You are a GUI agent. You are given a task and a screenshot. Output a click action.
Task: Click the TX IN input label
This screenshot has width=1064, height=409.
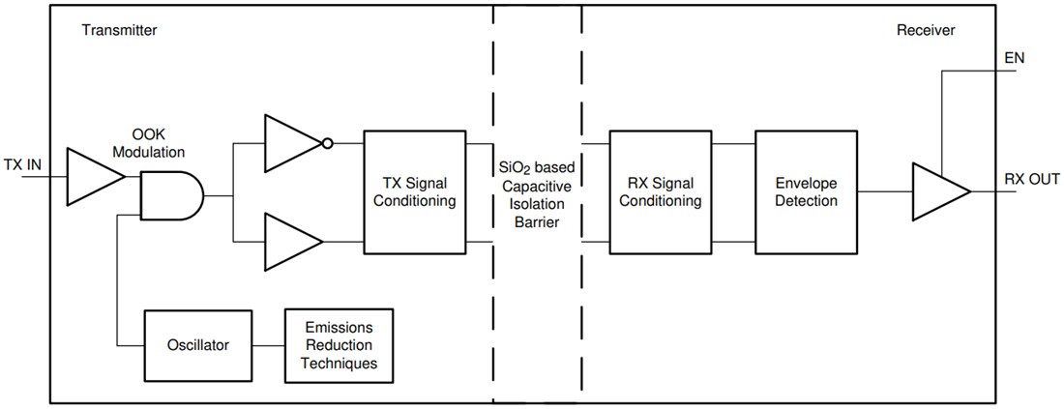[x=21, y=164]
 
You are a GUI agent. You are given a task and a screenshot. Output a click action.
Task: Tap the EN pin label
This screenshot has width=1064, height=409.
[x=1015, y=58]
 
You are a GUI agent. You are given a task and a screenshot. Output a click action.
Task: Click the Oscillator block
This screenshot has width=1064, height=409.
[x=197, y=344]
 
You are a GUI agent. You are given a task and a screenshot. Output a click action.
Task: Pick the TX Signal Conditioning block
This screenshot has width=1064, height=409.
[x=414, y=190]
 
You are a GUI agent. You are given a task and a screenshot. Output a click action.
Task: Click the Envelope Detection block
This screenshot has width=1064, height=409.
[x=805, y=190]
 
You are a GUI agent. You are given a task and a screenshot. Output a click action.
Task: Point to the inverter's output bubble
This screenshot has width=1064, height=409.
[x=328, y=145]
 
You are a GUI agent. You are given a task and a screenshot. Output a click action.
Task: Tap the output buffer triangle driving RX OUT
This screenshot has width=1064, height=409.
[x=936, y=190]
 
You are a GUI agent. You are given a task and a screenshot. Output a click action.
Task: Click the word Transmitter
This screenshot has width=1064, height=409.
[x=120, y=31]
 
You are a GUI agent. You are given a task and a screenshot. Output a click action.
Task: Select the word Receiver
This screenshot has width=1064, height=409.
[x=926, y=31]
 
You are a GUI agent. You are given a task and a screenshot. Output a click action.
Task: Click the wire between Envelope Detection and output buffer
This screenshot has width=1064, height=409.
[x=882, y=190]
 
